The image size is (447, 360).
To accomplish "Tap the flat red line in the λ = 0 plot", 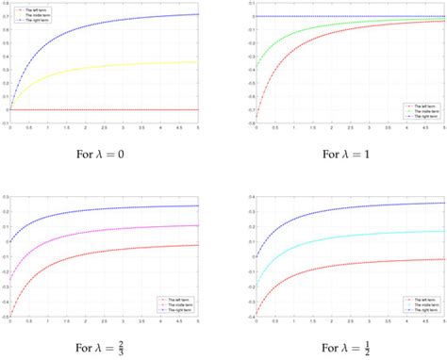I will pos(113,109).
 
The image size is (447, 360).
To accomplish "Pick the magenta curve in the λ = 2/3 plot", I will pos(94,232).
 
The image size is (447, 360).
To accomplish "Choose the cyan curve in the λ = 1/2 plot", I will pos(321,237).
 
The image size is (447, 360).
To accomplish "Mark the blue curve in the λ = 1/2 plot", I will pos(321,208).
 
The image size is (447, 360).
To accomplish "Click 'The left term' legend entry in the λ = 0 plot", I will pos(38,8).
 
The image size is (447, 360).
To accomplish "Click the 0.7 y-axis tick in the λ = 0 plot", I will pos(4,15).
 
